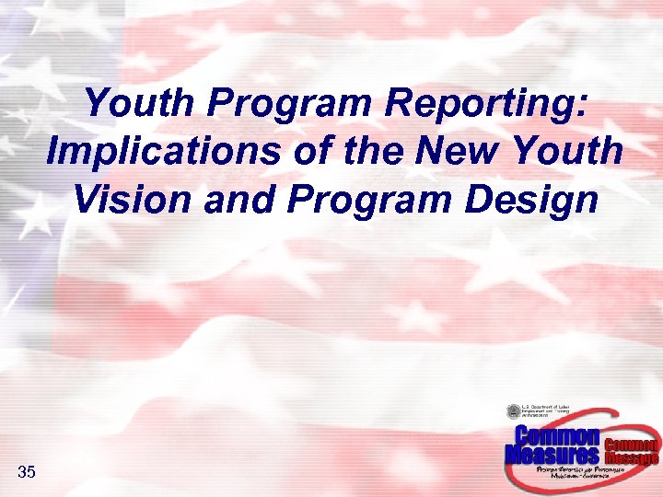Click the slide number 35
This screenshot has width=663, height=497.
click(27, 473)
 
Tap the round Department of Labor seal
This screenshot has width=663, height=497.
click(513, 412)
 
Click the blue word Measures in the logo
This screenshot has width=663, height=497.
click(552, 454)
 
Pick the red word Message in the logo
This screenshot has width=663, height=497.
click(632, 457)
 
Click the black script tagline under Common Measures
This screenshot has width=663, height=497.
click(581, 472)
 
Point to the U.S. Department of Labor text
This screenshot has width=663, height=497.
click(548, 410)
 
